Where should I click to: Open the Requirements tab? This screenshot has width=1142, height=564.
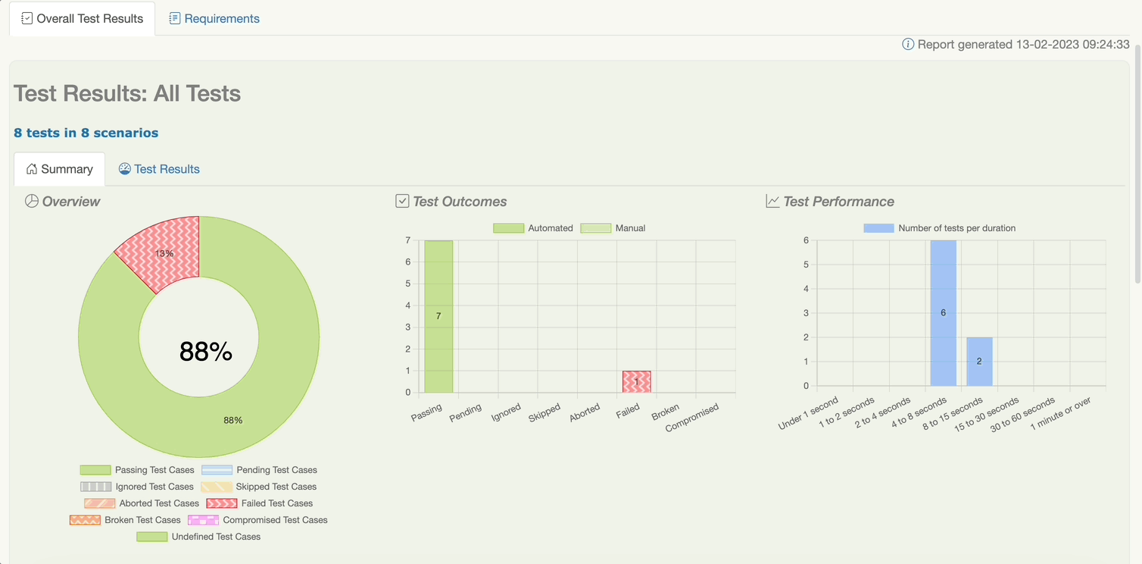pos(214,19)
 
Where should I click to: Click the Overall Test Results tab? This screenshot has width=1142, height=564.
pos(82,19)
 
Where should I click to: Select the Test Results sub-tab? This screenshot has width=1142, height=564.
pos(159,169)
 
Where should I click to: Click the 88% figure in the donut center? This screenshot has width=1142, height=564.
pos(205,352)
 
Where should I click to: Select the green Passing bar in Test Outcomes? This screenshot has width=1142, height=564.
pos(438,316)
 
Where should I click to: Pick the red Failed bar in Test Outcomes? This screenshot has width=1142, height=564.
pos(636,381)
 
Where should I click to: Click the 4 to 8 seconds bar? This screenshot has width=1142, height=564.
pos(943,312)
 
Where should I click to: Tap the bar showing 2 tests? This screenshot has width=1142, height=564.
pos(979,362)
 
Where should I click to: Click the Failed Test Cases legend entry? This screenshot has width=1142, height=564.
pos(260,503)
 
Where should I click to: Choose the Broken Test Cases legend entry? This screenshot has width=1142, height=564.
pos(125,520)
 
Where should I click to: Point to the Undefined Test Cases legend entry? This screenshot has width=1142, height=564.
pos(198,537)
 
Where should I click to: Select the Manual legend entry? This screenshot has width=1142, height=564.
pos(613,228)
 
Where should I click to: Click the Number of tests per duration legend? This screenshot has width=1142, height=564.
pos(940,228)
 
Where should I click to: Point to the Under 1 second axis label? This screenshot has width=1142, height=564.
pos(809,414)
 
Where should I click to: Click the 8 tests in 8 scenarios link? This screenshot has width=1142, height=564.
pos(86,133)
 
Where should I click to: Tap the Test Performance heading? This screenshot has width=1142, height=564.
pos(838,202)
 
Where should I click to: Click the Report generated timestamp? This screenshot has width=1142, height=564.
pos(1023,45)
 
